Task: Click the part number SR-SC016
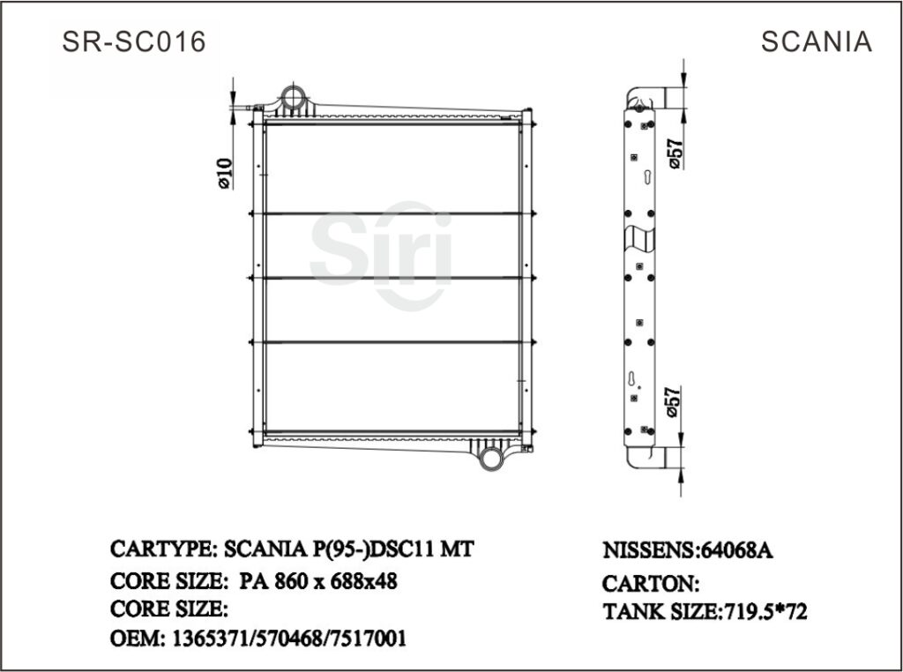134,41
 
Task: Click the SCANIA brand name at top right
816,41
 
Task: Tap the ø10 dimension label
223,172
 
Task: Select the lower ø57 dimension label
673,401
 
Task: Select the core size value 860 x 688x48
339,581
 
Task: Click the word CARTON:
650,583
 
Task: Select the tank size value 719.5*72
765,610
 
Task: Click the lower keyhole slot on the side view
633,379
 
